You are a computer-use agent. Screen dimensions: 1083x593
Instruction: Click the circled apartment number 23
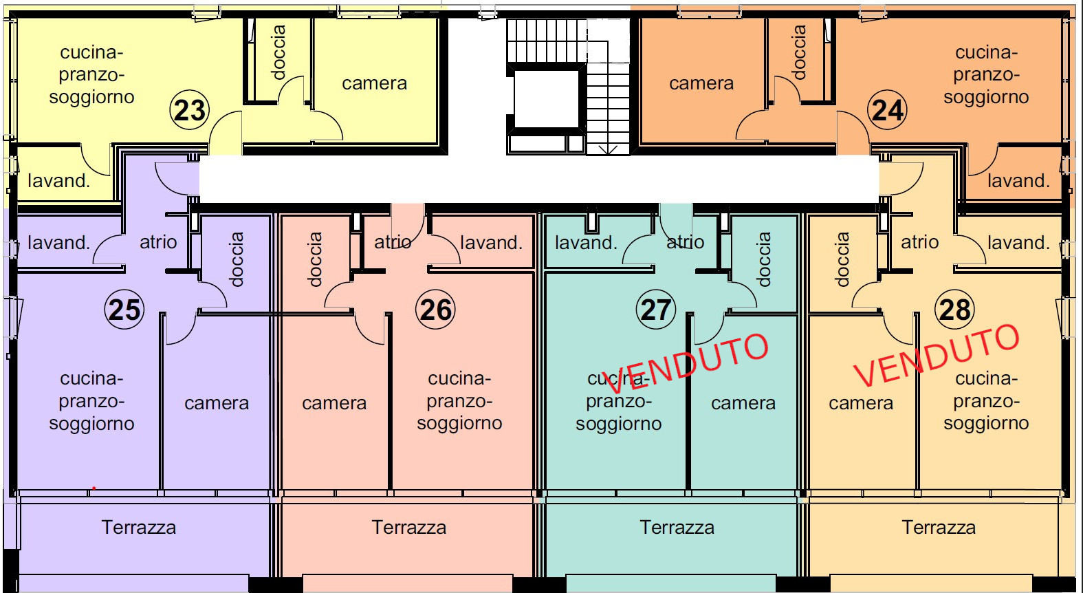click(190, 110)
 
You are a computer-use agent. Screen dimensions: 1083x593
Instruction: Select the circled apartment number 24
click(887, 110)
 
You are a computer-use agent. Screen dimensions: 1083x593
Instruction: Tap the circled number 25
click(124, 310)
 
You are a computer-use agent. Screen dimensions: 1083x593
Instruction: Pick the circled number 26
click(436, 310)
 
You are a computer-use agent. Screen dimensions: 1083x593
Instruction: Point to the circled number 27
click(655, 310)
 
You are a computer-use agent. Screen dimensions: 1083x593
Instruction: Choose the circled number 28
click(954, 310)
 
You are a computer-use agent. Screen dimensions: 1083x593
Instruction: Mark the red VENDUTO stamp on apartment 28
click(937, 355)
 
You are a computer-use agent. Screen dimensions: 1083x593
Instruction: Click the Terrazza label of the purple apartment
click(139, 527)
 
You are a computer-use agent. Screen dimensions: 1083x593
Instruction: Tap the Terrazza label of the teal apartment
click(677, 527)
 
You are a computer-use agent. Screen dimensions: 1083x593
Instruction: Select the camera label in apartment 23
click(374, 83)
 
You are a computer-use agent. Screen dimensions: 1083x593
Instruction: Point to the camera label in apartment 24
click(701, 83)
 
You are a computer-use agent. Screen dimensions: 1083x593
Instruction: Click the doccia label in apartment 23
click(278, 52)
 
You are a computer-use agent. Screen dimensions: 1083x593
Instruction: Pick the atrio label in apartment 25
click(158, 242)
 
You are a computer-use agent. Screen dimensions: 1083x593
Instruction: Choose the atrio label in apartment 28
click(919, 242)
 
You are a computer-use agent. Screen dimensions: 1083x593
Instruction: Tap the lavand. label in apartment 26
click(491, 242)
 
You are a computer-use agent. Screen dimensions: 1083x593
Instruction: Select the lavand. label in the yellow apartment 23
click(59, 180)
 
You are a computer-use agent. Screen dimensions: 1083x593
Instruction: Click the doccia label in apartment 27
click(763, 260)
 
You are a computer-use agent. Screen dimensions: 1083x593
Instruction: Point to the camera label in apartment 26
click(334, 403)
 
